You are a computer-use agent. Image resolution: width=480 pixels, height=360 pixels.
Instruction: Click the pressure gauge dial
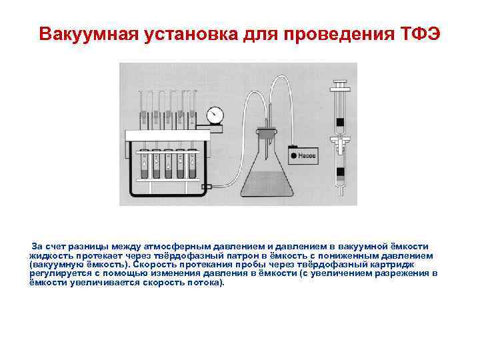pos(214,114)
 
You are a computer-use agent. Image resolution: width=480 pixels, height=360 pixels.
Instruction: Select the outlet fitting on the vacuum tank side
pos(207,187)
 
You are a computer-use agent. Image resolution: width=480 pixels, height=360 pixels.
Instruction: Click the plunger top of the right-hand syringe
pos(339,85)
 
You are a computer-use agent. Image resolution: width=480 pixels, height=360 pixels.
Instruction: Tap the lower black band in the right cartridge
pos(340,173)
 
